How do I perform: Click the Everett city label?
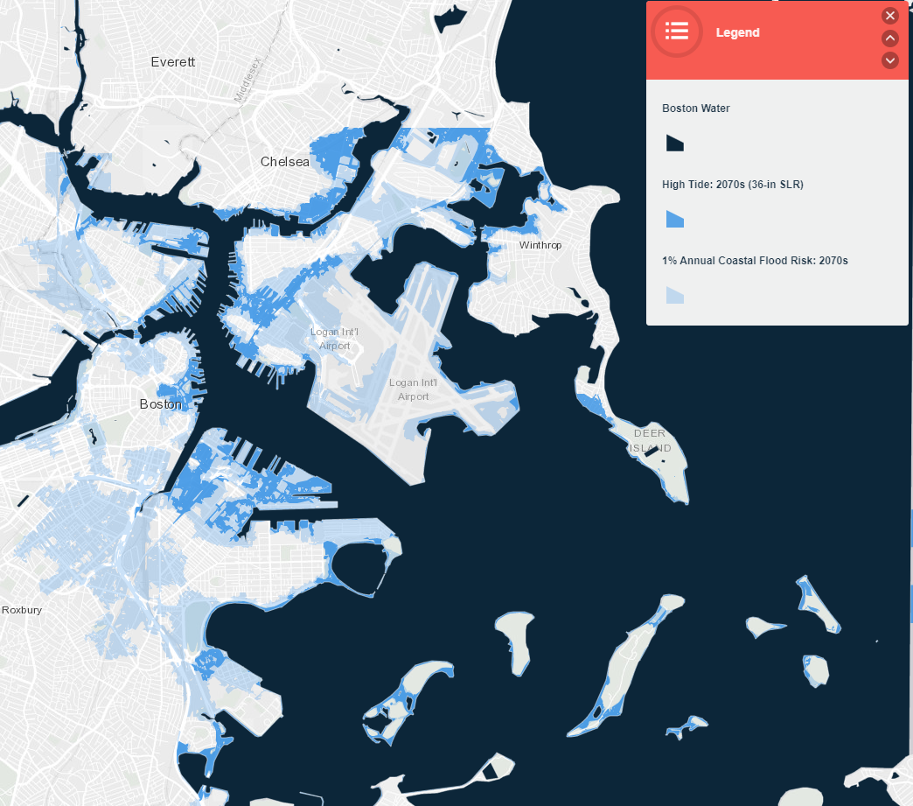pos(173,62)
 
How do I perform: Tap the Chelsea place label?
pos(285,162)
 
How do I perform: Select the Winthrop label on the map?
pos(540,245)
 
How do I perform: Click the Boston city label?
pos(161,404)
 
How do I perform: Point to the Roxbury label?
pos(21,610)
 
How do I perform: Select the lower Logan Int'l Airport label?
pos(414,389)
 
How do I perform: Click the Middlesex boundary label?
pos(247,81)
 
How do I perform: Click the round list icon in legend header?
pos(677,32)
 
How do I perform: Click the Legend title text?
pos(737,33)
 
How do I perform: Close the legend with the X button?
pos(890,16)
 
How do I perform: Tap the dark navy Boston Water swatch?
pos(674,143)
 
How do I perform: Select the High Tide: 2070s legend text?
pos(732,185)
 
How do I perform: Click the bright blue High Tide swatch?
pos(674,219)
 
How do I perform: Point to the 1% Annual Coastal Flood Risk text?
pos(755,260)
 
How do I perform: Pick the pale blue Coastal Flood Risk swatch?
pos(674,295)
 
